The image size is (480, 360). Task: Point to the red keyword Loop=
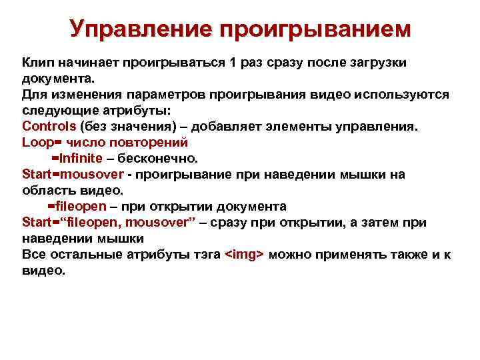[x=42, y=142]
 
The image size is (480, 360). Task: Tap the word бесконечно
[x=160, y=158]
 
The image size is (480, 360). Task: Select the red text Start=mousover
[x=73, y=174]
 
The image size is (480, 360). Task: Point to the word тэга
[x=205, y=254]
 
